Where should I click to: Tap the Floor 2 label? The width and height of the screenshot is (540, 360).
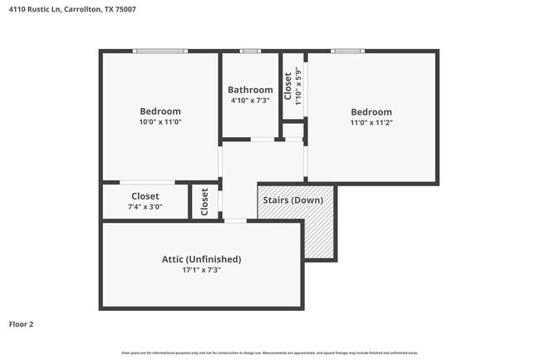point(22,324)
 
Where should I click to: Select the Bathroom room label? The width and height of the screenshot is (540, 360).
point(250,90)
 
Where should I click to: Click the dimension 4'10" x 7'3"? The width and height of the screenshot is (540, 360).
point(250,100)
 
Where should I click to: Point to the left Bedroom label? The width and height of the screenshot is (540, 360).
point(160,111)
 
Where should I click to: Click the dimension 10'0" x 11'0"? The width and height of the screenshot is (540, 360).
point(160,121)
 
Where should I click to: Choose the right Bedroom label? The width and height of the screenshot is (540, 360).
point(371,112)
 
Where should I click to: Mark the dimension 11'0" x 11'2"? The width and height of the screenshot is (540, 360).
point(371,122)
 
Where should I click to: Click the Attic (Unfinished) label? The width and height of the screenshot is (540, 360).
point(201,259)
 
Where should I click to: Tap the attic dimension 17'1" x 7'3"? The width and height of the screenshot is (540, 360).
point(201,269)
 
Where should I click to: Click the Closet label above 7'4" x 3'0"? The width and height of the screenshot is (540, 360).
point(145,196)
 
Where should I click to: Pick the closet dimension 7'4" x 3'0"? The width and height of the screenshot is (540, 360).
point(145,206)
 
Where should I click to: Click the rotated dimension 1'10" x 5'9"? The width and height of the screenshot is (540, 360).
point(297,84)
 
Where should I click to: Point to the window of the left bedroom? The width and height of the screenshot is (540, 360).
point(160,52)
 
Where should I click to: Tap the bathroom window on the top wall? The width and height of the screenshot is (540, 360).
point(250,52)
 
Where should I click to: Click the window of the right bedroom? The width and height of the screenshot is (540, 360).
point(346,52)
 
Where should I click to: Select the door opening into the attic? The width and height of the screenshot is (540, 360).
point(235,220)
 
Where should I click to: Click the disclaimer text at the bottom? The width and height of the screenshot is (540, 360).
point(271,353)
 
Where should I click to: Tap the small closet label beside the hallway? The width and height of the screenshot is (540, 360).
point(204,201)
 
